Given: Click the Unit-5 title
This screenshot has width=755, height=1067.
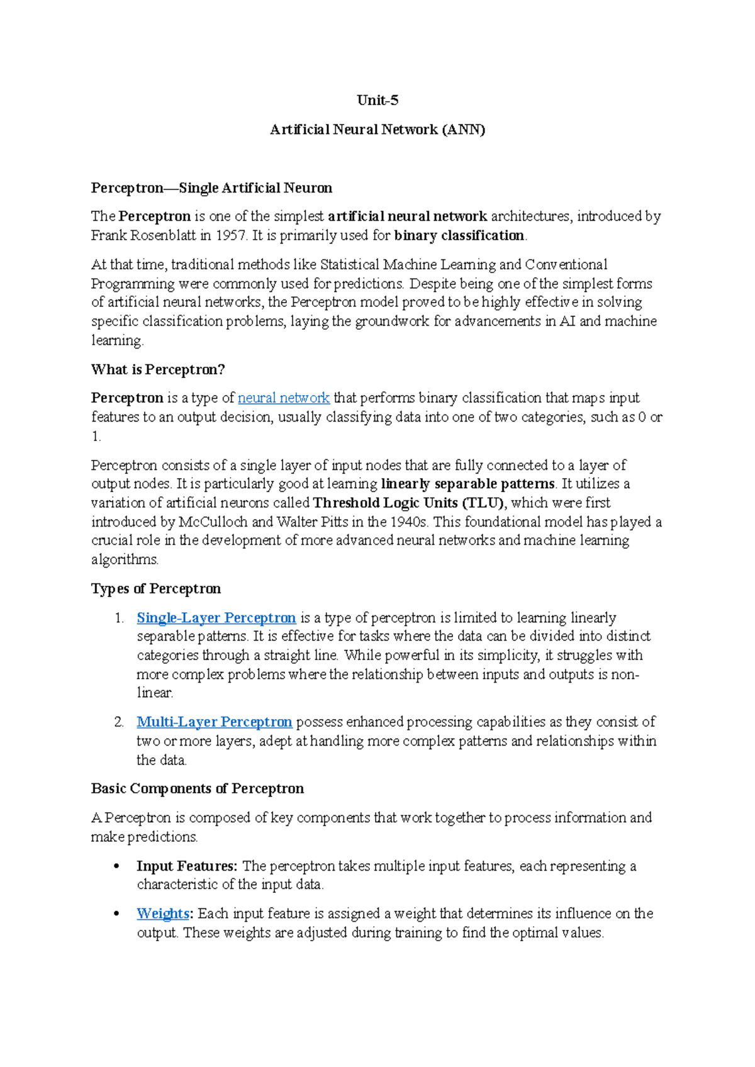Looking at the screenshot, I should [x=377, y=100].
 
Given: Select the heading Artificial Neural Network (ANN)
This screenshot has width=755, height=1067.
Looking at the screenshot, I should [x=377, y=130].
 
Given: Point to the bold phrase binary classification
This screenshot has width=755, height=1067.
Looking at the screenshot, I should [x=459, y=235].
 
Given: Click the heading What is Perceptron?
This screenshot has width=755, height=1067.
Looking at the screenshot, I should [x=158, y=369].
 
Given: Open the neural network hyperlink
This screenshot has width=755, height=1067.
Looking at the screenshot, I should [x=283, y=398].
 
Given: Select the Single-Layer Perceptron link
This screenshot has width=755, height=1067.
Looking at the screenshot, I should [x=216, y=618].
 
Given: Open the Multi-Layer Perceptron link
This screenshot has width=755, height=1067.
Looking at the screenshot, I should [x=214, y=722].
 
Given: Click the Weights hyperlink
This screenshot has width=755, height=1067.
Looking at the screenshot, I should [x=162, y=913].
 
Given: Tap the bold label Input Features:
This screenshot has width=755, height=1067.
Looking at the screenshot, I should [x=187, y=866].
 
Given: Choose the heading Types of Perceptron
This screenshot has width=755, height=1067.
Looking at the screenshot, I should [x=155, y=589].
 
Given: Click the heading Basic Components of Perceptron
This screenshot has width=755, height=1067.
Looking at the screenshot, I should [x=197, y=789].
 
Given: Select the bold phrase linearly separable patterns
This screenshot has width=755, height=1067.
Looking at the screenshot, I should [x=467, y=484].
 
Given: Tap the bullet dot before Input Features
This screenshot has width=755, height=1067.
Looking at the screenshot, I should [x=116, y=867].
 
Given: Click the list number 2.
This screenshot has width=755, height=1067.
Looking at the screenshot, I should [x=119, y=722].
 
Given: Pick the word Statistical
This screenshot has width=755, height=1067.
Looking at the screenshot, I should [x=349, y=264].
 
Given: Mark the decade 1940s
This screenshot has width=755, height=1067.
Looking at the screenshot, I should [x=409, y=522].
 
